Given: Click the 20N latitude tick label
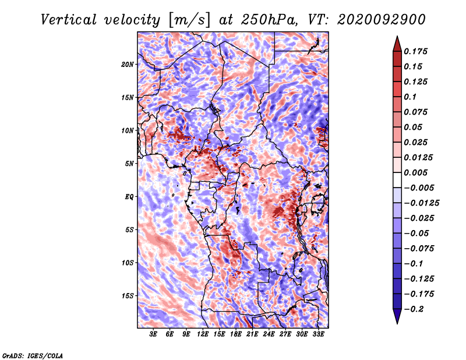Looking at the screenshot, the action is coord(127,65).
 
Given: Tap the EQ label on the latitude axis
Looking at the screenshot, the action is coord(129,197).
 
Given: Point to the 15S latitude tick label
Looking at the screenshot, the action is coord(127,296).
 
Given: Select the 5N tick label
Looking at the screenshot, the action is coord(129,164).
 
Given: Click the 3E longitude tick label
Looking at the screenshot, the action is coord(153,334).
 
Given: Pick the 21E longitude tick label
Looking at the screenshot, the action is coord(252,334).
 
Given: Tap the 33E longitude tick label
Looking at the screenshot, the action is coord(318,334).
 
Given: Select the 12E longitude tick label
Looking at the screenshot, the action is coord(202,334).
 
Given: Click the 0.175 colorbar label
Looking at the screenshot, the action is coord(415,51).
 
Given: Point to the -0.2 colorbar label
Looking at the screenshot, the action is coord(414,309).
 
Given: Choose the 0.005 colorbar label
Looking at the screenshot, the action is coord(415,172).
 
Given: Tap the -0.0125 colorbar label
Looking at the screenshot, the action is coord(421,203).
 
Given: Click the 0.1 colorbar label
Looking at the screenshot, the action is coord(410,97).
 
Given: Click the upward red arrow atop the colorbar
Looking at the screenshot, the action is coord(397,44).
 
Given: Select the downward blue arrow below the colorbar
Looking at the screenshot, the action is coord(397,316).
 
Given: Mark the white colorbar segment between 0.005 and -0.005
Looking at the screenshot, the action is coord(397,180).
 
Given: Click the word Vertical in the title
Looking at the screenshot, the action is coord(69,20).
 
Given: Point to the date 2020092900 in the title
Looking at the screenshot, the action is coord(382,20).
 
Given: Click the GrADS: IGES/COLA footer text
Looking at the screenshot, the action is coord(33,355).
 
